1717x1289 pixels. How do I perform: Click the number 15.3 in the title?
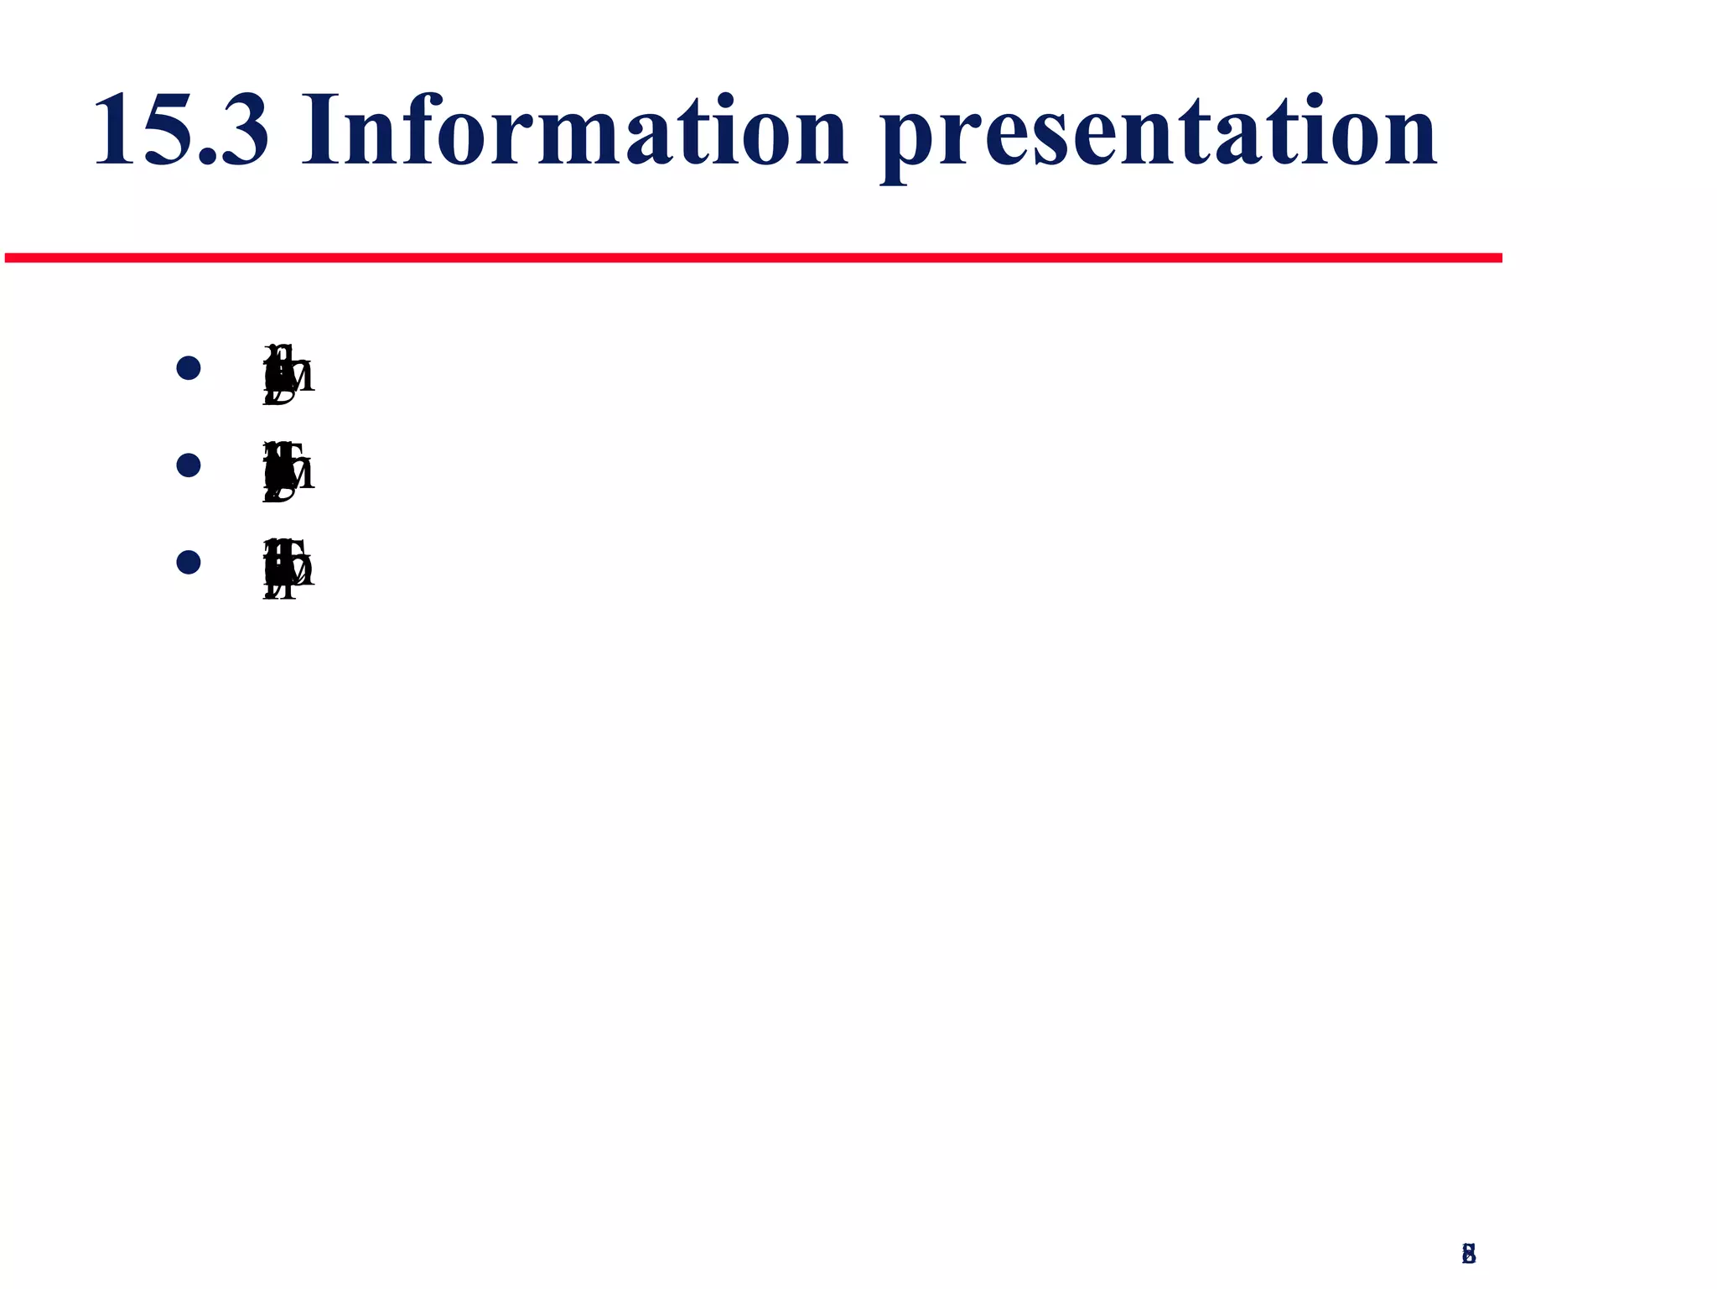click(x=181, y=131)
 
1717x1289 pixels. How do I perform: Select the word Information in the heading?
click(x=574, y=131)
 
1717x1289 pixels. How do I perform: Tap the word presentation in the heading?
click(x=1159, y=134)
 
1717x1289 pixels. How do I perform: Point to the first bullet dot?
click(x=189, y=368)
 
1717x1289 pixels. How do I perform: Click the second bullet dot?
click(x=189, y=465)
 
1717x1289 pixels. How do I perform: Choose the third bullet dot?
click(x=189, y=562)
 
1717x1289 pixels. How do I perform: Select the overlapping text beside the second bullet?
click(x=288, y=471)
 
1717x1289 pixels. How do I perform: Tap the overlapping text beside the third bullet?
click(x=288, y=569)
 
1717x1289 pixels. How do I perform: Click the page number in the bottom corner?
click(x=1468, y=1253)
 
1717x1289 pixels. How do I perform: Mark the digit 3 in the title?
click(x=243, y=131)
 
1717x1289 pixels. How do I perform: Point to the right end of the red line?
click(x=1499, y=257)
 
